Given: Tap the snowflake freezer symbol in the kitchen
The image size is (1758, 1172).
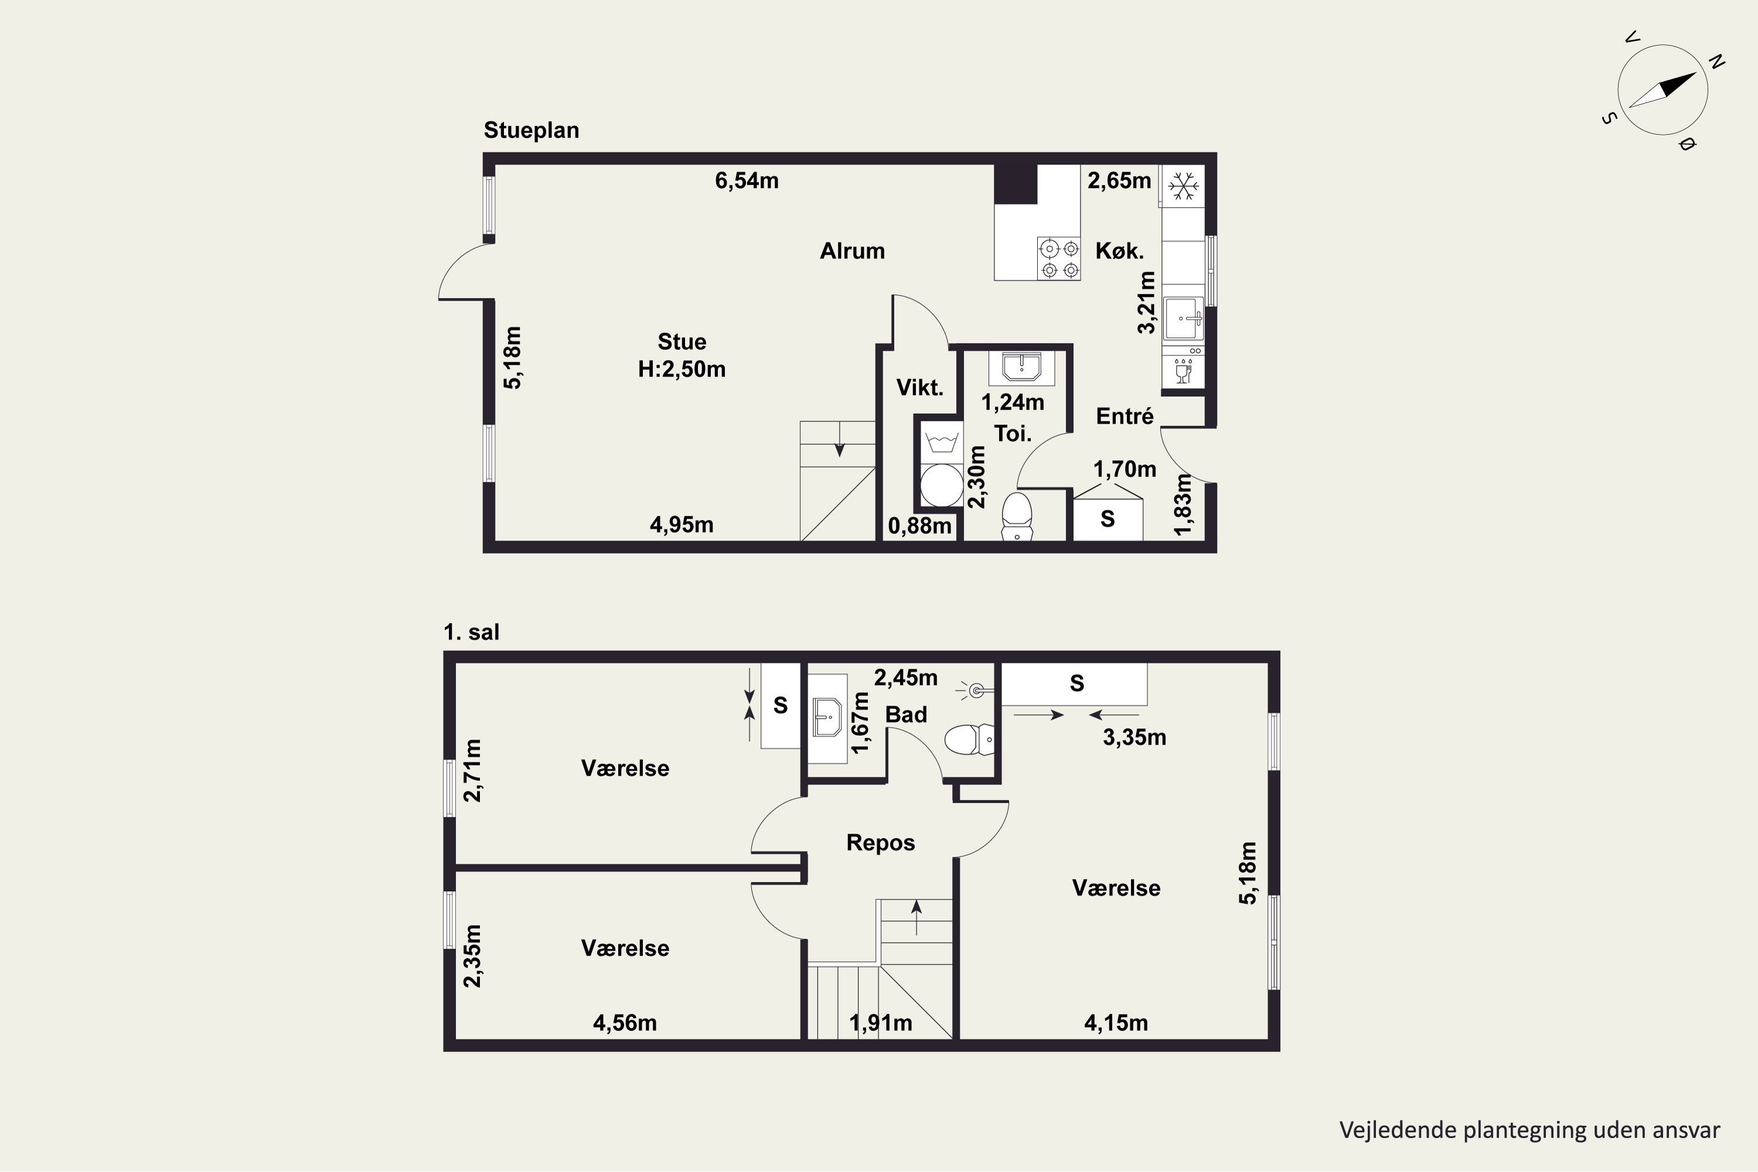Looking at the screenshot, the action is coord(1183,185).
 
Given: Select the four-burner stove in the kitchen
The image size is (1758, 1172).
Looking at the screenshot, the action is coord(1059,258).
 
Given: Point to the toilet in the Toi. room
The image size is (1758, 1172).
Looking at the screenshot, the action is coord(1017,516).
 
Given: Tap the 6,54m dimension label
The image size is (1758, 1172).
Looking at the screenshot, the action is coord(747,181).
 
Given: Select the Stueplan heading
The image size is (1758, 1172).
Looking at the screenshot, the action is coord(532,130).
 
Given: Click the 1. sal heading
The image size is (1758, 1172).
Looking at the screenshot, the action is coord(471,632).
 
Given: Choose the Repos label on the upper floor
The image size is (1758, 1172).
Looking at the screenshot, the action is coord(881,843).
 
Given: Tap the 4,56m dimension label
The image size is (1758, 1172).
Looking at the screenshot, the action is coord(625,1023).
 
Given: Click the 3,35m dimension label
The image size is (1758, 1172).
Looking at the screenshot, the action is coord(1134,738).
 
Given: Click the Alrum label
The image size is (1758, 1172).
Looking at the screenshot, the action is coord(852,251).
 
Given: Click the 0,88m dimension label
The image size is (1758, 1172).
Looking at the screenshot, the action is coord(919,526).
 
